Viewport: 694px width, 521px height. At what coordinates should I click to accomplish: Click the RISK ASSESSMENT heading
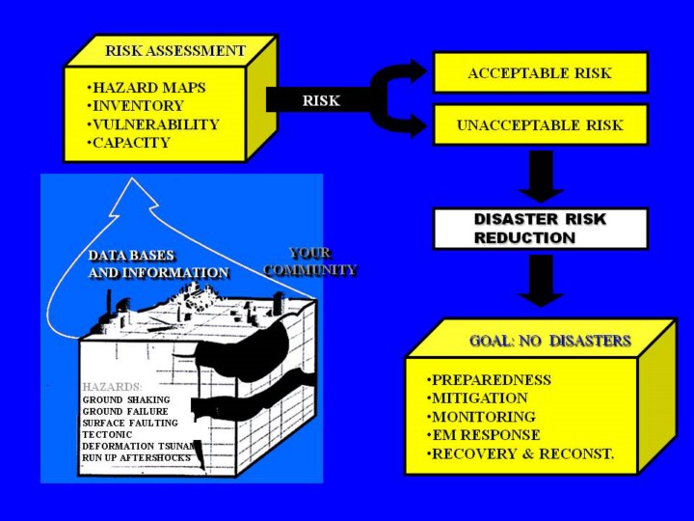pos(174,50)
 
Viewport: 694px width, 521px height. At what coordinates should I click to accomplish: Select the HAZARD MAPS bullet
pos(146,88)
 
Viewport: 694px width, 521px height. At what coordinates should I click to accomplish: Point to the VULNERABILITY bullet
pos(152,124)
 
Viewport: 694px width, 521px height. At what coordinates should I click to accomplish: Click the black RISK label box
pos(321,99)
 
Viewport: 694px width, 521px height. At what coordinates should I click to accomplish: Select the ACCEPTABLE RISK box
pos(540,73)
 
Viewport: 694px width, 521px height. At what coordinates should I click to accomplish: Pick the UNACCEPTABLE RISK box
pos(540,125)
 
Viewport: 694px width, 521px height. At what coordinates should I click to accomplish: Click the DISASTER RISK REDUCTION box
pos(540,229)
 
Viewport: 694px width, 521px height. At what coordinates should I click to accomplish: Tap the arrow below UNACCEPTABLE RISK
pos(541,175)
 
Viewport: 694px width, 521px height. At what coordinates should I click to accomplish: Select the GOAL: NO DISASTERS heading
pos(549,341)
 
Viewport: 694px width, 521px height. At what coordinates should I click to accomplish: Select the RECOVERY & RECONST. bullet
pos(520,453)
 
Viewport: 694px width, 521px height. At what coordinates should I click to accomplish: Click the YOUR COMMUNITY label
pos(310,261)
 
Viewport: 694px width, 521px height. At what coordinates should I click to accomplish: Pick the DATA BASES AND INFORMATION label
pos(158,264)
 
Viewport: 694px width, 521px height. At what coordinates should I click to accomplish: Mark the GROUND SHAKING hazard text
pos(126,399)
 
